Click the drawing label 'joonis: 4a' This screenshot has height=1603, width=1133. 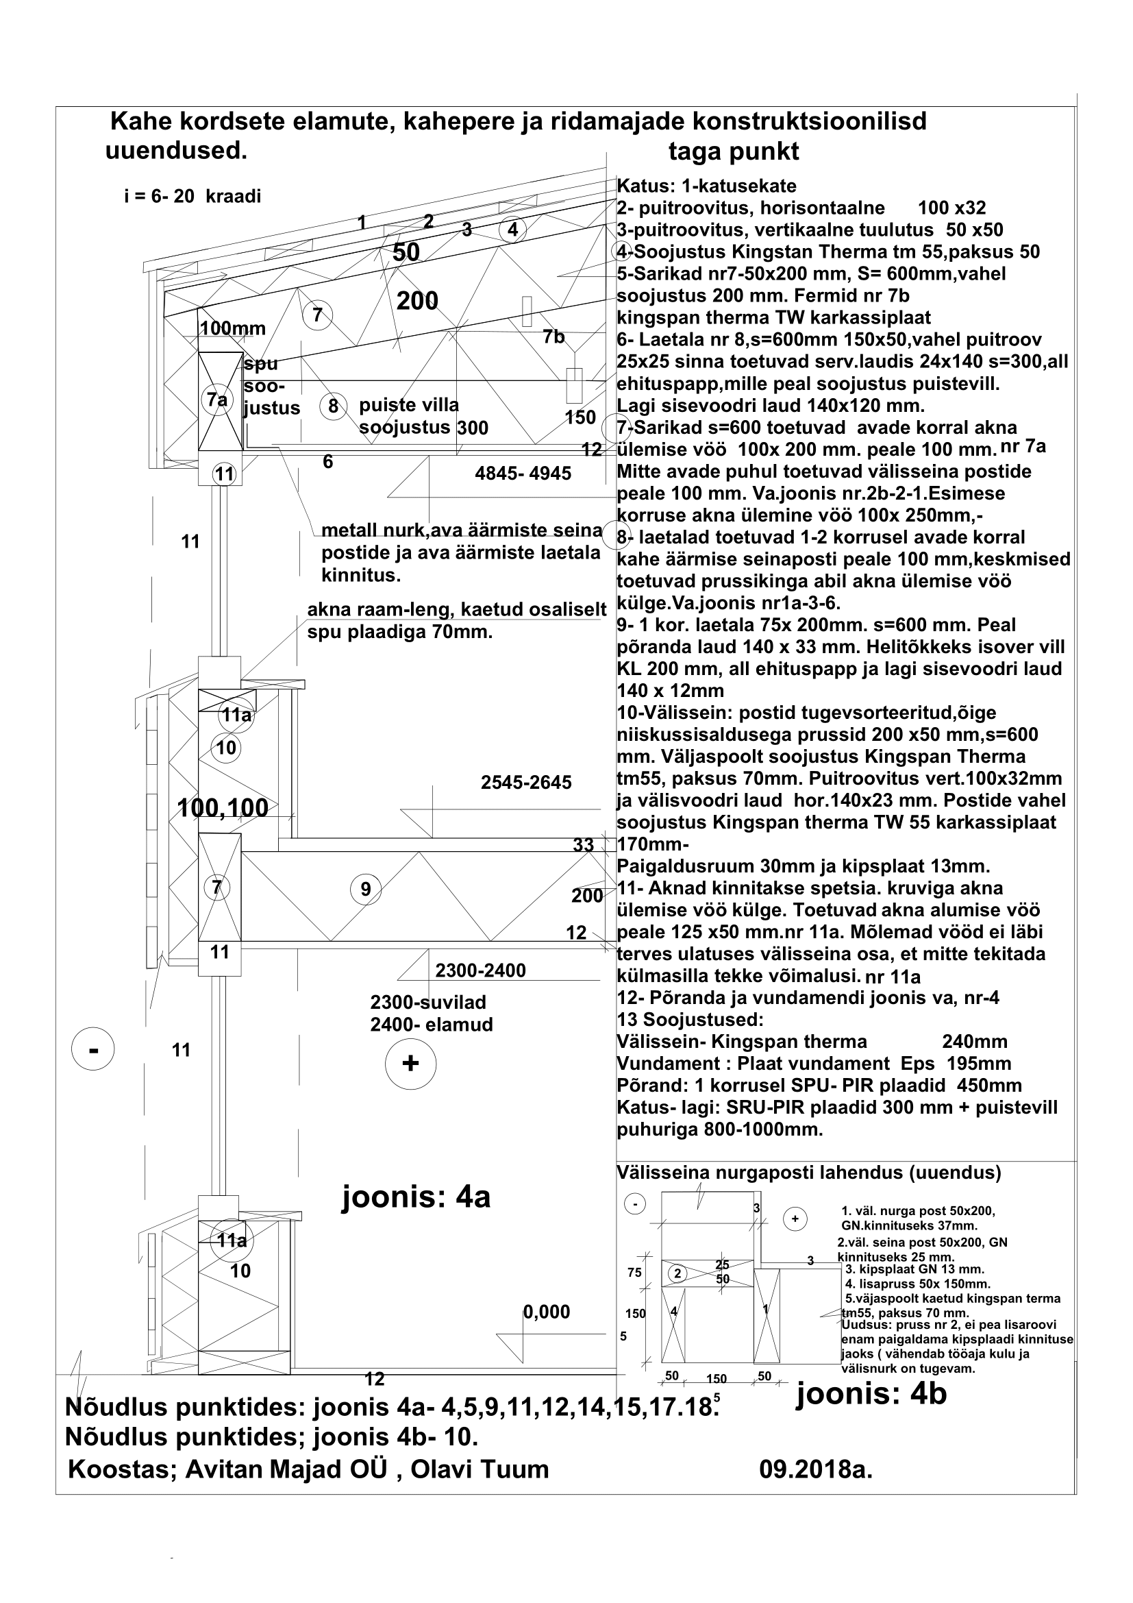point(416,1197)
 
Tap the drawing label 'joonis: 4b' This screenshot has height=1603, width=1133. point(871,1393)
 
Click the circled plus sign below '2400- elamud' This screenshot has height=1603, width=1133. point(410,1064)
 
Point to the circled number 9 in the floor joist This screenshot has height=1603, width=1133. point(366,890)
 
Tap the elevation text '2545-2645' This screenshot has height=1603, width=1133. point(526,783)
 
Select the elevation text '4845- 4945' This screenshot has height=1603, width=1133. point(523,474)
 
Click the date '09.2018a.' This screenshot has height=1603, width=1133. point(816,1469)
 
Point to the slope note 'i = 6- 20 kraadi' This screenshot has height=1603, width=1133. point(192,196)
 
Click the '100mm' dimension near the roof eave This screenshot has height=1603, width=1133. point(232,328)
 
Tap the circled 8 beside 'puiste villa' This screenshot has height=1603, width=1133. point(334,406)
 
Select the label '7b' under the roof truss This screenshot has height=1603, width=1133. point(554,336)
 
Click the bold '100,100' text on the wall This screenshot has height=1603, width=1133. point(223,808)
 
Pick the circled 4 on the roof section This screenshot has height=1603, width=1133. point(513,229)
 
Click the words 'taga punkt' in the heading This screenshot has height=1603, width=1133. point(733,151)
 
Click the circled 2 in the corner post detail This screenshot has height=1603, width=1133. point(677,1273)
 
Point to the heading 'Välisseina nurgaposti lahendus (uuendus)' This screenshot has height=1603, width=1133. point(808,1172)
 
